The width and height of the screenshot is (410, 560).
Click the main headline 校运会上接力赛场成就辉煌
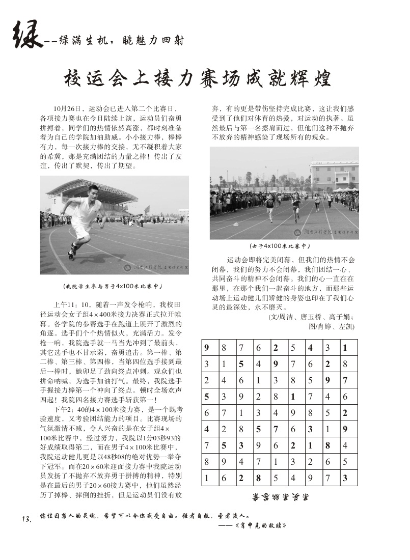[198, 78]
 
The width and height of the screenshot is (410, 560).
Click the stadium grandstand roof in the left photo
[92, 189]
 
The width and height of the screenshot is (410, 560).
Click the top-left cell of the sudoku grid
[208, 348]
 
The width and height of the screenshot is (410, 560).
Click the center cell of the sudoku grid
[276, 413]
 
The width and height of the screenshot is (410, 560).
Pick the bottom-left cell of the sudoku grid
[208, 478]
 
